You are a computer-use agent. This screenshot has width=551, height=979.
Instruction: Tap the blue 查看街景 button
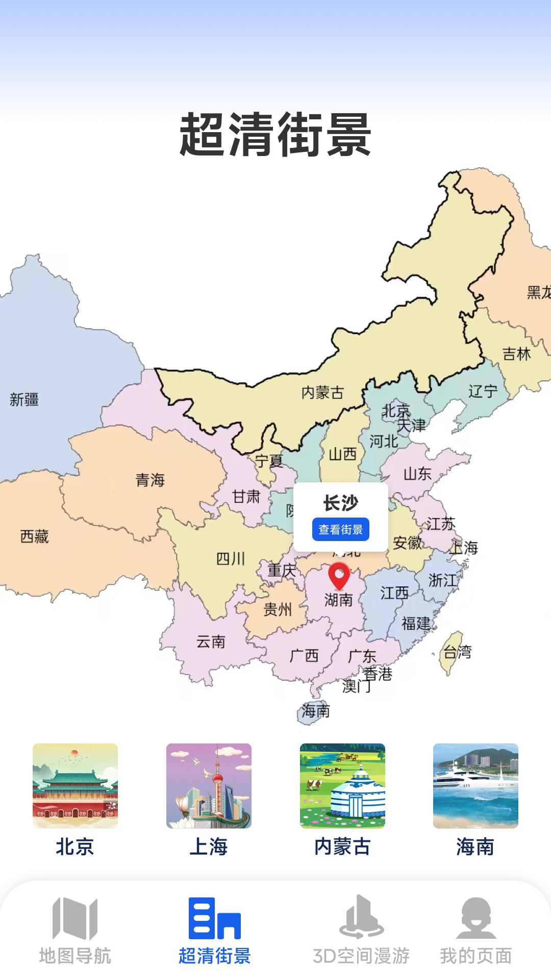pyautogui.click(x=340, y=530)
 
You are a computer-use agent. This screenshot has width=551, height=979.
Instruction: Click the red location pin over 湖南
pyautogui.click(x=339, y=575)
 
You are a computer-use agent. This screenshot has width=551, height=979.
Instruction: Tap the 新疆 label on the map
pyautogui.click(x=24, y=399)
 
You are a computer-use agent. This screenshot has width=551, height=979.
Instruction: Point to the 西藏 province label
pyautogui.click(x=34, y=536)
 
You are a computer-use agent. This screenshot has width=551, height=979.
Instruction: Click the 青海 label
pyautogui.click(x=150, y=480)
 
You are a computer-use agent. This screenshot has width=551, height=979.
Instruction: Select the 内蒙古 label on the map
pyautogui.click(x=322, y=393)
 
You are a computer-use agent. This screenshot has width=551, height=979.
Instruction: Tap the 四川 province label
pyautogui.click(x=231, y=559)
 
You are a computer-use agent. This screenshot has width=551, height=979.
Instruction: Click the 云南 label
pyautogui.click(x=211, y=641)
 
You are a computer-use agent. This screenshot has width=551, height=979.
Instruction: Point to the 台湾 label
pyautogui.click(x=457, y=652)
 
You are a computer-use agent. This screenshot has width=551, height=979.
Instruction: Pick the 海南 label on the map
pyautogui.click(x=315, y=710)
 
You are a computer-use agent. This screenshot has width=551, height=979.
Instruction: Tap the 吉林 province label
pyautogui.click(x=516, y=353)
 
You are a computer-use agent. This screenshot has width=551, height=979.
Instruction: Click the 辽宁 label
pyautogui.click(x=483, y=391)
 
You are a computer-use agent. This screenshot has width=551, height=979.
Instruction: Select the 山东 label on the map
pyautogui.click(x=417, y=474)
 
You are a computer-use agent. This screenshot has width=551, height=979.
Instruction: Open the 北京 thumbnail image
pyautogui.click(x=75, y=786)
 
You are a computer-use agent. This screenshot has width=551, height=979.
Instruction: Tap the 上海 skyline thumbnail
pyautogui.click(x=209, y=786)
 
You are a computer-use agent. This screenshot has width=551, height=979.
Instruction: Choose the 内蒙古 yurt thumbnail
pyautogui.click(x=342, y=786)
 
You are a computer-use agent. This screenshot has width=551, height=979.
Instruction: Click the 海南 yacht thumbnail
pyautogui.click(x=475, y=786)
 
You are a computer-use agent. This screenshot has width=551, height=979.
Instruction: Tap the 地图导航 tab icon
pyautogui.click(x=75, y=918)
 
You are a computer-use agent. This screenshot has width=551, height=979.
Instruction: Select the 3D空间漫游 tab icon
pyautogui.click(x=361, y=917)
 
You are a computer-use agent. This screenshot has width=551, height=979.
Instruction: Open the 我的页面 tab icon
pyautogui.click(x=476, y=918)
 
